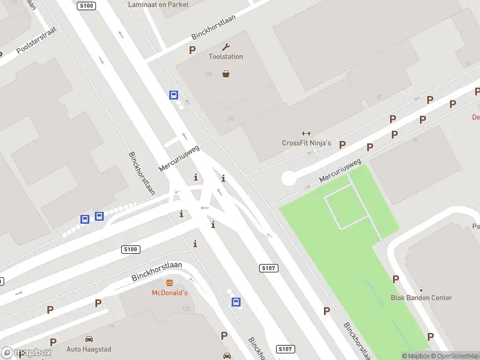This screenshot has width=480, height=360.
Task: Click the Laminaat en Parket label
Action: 158,4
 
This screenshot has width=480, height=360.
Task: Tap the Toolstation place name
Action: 226,56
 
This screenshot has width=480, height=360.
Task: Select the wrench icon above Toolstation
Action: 226,47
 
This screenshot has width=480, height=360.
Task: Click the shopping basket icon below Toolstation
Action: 226,74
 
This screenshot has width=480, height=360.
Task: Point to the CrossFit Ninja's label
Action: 306,143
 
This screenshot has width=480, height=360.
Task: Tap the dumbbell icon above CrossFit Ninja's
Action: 306,133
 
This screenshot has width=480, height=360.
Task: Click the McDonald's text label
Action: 169,293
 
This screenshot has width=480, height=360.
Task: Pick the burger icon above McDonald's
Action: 169,283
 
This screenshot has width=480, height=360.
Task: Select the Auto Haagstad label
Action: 89,349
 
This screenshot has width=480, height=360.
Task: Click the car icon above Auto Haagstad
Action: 89,339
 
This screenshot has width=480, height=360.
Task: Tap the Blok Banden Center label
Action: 421,298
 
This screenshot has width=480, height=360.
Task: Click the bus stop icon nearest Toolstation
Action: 173,95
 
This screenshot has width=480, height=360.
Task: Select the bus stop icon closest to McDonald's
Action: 236,302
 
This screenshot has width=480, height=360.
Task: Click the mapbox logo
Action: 26,353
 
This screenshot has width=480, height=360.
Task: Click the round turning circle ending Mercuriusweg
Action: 289,178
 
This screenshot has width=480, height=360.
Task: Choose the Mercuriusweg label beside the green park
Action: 340,171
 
